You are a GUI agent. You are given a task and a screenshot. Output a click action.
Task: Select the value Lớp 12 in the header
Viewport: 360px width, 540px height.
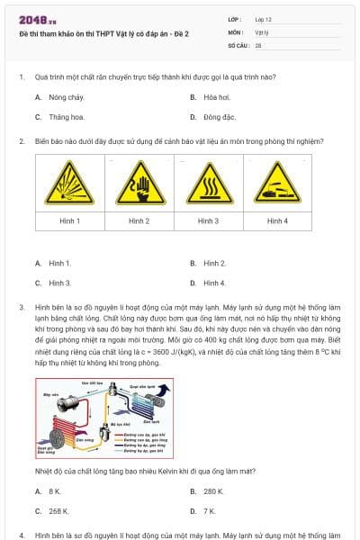[263, 19]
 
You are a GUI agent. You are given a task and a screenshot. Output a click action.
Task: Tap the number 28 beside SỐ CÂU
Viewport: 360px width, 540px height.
[258, 44]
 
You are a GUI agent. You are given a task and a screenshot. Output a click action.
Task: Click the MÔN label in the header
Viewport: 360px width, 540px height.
[236, 31]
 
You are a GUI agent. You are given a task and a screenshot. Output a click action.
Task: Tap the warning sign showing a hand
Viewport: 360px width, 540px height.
[139, 183]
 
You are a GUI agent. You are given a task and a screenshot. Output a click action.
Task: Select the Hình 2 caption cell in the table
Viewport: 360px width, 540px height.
[139, 220]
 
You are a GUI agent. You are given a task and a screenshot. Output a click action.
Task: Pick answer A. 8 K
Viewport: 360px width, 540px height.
[49, 490]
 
